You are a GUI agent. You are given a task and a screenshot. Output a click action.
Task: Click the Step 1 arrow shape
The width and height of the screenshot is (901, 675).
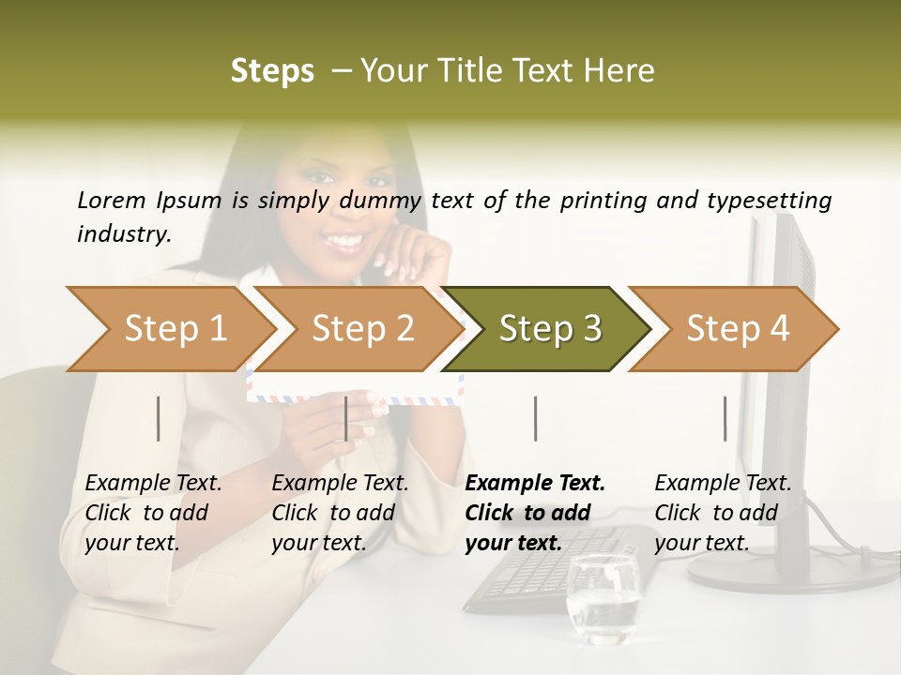[169, 329]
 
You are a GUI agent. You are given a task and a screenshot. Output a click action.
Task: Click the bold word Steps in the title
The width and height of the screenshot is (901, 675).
[272, 71]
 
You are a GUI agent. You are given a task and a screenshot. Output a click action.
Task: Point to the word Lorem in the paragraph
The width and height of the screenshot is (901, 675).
[111, 200]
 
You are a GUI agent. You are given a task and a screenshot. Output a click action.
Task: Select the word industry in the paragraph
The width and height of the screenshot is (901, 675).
[122, 233]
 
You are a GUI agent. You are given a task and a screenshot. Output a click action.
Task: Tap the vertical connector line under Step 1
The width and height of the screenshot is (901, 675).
[159, 418]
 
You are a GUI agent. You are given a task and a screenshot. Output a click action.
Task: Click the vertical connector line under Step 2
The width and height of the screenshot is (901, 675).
[346, 418]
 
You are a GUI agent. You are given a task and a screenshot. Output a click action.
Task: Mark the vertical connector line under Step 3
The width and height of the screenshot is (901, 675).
[535, 418]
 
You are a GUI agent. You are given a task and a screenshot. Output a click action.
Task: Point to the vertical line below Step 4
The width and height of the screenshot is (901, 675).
[725, 418]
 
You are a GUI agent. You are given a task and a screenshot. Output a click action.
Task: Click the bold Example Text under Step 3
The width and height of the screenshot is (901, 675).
[535, 484]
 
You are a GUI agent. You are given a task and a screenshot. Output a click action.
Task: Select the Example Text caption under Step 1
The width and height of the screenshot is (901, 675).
[153, 484]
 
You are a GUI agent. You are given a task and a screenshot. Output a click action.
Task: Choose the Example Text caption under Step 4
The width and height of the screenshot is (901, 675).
[723, 484]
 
